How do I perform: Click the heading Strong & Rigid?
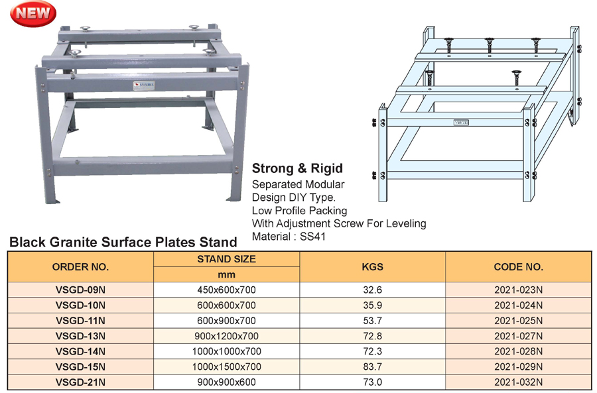point(297,168)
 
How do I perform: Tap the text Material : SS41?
point(289,236)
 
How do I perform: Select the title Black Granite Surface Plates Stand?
point(123,243)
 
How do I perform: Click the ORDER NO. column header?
point(80,267)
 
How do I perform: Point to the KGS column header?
point(372,267)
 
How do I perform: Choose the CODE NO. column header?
point(518,267)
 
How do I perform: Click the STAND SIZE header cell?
point(226,259)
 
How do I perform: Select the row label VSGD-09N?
point(80,290)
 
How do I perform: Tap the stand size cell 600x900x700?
point(226,321)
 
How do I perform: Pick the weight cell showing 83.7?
point(372,366)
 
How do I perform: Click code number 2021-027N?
point(518,336)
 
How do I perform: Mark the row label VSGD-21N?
point(80,382)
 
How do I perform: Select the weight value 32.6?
point(372,290)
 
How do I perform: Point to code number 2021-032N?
point(518,382)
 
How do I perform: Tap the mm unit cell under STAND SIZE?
point(226,274)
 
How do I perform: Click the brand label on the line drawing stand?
point(462,123)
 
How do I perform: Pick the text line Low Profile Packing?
point(299,210)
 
